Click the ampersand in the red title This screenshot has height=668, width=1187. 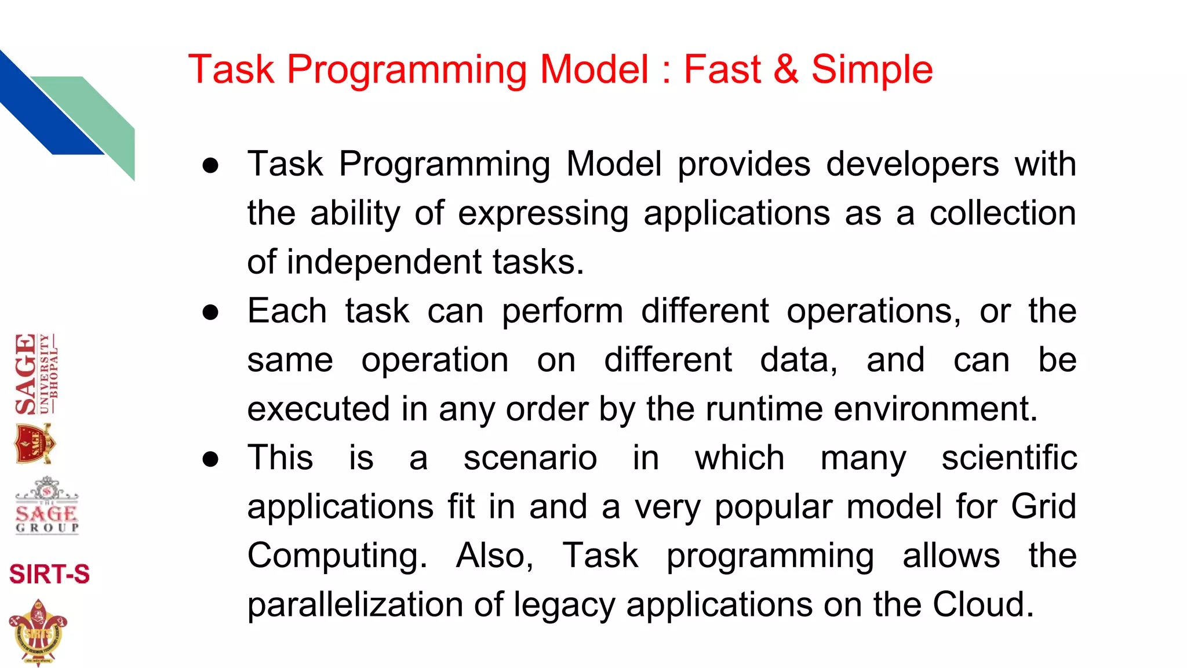[786, 70]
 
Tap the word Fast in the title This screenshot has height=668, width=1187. [722, 70]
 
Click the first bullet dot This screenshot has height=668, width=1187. [210, 165]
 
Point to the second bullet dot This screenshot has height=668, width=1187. [210, 313]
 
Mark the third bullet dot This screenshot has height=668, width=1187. [210, 459]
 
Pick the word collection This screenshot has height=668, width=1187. [1003, 213]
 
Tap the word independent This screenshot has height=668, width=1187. [383, 262]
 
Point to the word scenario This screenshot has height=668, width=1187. [530, 458]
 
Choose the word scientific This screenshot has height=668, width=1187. [1009, 458]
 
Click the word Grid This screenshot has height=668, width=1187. [1044, 507]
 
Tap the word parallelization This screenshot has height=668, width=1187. [355, 605]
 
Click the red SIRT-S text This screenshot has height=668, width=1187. [49, 574]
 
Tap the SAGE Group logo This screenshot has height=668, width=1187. [46, 506]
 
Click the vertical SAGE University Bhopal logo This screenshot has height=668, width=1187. [36, 373]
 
